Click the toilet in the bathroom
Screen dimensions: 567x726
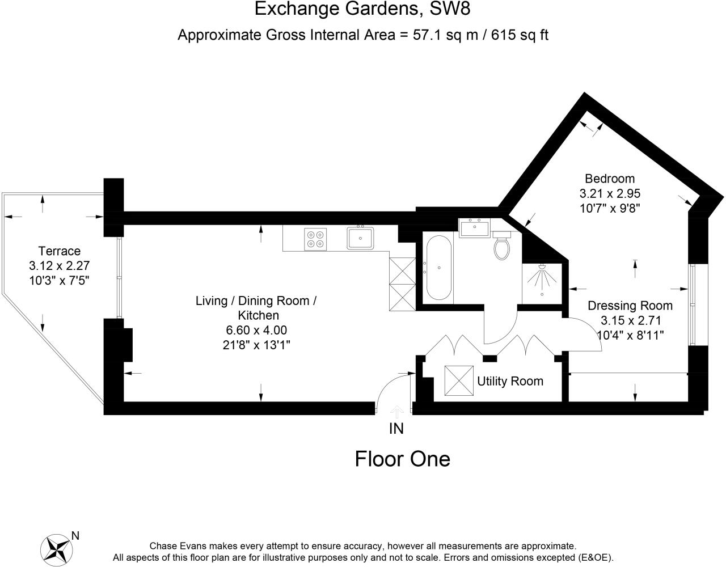click(501, 246)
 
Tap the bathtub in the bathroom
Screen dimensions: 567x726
click(438, 269)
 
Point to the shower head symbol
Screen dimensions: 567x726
click(541, 277)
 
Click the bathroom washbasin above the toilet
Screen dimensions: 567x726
click(474, 228)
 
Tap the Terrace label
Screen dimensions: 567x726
click(59, 251)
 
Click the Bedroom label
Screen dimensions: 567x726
click(610, 179)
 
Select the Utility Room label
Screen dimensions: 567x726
click(510, 381)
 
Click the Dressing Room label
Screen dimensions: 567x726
click(630, 306)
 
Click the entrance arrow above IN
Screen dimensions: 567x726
click(396, 411)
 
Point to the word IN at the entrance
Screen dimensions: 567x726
click(396, 429)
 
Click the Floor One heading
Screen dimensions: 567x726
click(402, 459)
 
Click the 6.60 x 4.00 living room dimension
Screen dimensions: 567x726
click(256, 330)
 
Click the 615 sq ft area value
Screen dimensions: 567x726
click(520, 35)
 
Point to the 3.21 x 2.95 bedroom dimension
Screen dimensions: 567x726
click(610, 193)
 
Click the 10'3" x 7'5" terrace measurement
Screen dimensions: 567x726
click(60, 280)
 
